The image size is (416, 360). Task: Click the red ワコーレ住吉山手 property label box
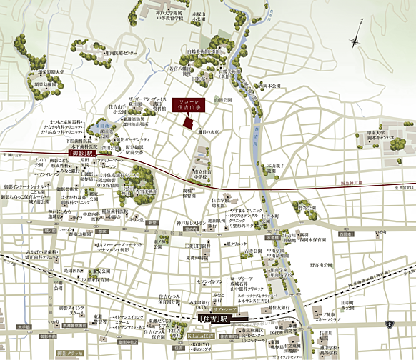[191, 103]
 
